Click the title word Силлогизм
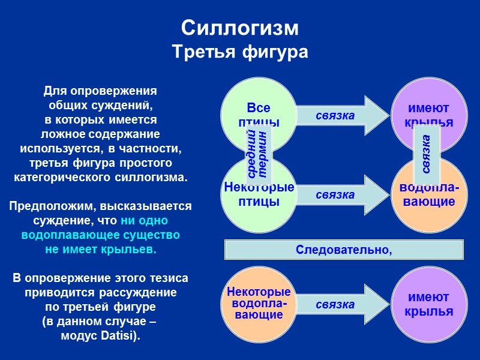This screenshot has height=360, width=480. coord(239,28)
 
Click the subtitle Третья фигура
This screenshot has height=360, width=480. coord(239,52)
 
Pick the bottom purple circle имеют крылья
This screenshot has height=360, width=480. coord(428,304)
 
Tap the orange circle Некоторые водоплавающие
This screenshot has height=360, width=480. coord(258,304)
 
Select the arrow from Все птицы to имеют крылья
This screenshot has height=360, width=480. coord(342,114)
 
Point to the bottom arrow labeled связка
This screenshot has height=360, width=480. coord(342,305)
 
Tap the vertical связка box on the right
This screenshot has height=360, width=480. coord(426,155)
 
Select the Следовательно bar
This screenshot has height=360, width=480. coord(344,250)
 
